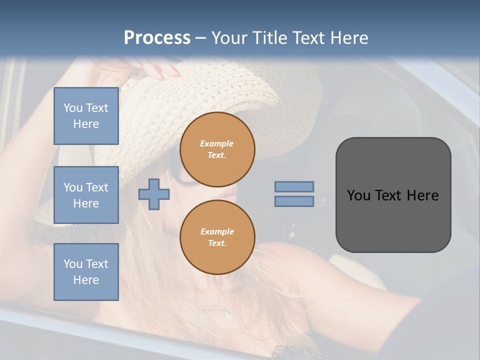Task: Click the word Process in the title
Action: tap(157, 38)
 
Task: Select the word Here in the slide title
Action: tap(348, 38)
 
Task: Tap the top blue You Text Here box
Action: tap(86, 116)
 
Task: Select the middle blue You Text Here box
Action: tap(86, 195)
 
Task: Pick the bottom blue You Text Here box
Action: tap(86, 272)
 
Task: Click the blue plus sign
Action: tap(154, 194)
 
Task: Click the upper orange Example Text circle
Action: tap(217, 149)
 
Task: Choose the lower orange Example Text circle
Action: tap(217, 237)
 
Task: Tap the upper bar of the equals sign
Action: tap(294, 186)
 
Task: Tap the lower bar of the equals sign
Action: tap(294, 201)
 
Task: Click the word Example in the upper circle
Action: tap(217, 143)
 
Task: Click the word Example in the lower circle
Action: tap(217, 231)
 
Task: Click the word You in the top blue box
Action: tap(72, 108)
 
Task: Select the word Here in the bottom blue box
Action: tap(86, 280)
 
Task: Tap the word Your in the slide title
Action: tap(230, 38)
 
